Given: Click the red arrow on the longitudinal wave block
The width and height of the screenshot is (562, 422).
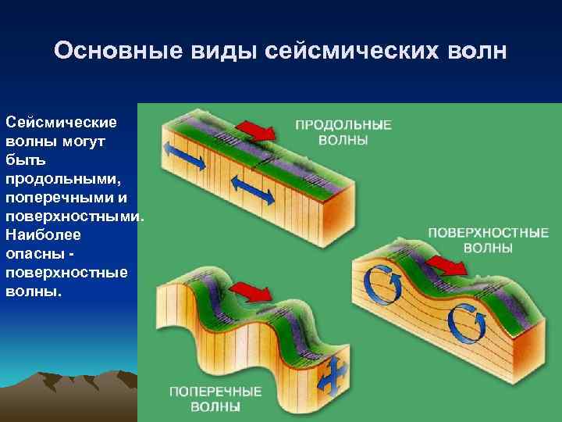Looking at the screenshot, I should [x=256, y=129].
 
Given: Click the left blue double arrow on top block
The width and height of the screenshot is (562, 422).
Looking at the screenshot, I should [x=184, y=156].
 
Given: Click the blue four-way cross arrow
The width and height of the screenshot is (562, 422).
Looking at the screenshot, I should [x=335, y=378].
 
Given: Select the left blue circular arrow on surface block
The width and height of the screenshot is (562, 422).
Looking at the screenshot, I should [x=382, y=288].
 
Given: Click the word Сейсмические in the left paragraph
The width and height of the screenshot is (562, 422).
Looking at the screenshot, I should [x=60, y=123].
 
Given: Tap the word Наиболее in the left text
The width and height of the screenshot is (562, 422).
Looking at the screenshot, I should [x=37, y=234].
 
